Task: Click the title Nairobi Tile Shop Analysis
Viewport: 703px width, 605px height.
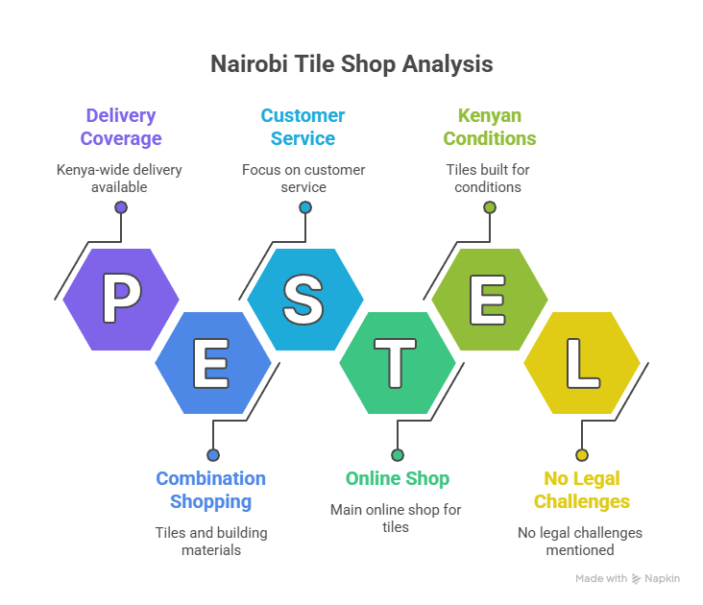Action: pos(351,64)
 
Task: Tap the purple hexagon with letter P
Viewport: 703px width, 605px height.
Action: pos(121,299)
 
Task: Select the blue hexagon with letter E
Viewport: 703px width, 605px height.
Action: pos(212,363)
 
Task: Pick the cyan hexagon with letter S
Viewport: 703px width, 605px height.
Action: pos(304,299)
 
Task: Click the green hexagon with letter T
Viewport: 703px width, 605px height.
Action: pos(397,363)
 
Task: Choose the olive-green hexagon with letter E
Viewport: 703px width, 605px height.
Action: pos(489,299)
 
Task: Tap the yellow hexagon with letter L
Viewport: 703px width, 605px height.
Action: pos(581,363)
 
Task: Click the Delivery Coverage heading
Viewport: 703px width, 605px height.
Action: pos(121,127)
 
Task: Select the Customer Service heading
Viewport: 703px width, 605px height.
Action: pos(303,127)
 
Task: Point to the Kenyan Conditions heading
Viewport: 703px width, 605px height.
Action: pos(489,127)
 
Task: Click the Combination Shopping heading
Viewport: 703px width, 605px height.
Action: pos(211,490)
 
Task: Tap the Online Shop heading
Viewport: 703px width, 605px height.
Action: pos(397,478)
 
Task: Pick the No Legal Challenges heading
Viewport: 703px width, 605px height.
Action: pos(581,490)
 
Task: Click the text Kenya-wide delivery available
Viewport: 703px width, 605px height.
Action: pos(119,179)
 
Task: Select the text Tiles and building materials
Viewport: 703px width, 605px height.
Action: pos(211,541)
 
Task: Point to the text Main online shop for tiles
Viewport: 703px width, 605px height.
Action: pos(396,518)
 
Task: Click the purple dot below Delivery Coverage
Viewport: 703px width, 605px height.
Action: pos(121,207)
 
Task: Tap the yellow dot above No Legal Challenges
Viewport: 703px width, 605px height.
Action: pos(581,455)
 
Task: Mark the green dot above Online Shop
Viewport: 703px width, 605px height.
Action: pos(397,455)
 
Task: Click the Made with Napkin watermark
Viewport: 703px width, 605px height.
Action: pos(628,579)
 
